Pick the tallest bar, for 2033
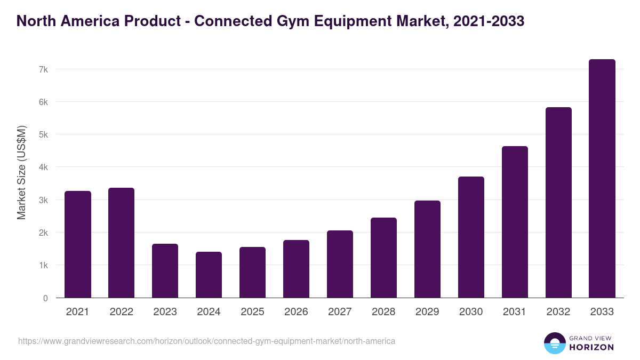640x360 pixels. [x=602, y=179]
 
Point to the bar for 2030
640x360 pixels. [x=471, y=237]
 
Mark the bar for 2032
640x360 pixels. [x=558, y=203]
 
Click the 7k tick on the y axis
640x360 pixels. [x=43, y=69]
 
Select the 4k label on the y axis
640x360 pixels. [x=43, y=167]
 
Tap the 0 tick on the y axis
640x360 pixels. [x=45, y=298]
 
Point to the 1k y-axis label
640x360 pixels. [x=43, y=266]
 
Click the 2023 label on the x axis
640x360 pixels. [x=165, y=312]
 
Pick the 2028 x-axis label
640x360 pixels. [x=383, y=312]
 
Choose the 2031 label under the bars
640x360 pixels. [x=515, y=312]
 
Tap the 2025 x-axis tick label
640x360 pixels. [x=252, y=312]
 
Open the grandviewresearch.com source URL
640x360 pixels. [x=206, y=341]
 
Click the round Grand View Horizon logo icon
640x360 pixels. [x=554, y=343]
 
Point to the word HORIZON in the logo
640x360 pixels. [x=591, y=347]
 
